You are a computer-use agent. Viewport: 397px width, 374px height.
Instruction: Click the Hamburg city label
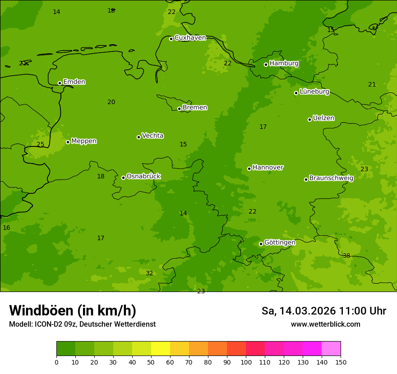284,64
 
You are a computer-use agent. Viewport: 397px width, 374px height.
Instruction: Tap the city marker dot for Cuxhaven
171,39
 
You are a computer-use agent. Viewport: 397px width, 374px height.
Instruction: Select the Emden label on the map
74,82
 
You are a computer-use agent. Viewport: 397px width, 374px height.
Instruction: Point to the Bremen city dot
179,109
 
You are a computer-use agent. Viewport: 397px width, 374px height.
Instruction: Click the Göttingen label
280,243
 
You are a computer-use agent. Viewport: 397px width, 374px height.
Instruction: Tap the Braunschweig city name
331,178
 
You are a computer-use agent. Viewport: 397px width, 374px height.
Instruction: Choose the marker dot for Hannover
249,169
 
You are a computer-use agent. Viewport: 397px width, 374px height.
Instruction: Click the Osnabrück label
143,177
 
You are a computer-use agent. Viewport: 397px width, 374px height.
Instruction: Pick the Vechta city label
152,136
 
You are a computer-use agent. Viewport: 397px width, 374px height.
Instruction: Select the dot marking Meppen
68,142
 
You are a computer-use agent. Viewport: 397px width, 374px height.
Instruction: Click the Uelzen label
323,119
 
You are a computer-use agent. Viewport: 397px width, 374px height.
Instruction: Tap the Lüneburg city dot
296,93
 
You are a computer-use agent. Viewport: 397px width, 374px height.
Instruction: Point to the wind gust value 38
346,256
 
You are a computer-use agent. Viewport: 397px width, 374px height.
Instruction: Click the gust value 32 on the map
149,274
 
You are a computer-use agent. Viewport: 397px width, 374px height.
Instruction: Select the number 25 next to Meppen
41,145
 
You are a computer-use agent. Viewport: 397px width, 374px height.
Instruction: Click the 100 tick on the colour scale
246,362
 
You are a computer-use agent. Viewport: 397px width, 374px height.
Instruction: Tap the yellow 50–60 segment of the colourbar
161,349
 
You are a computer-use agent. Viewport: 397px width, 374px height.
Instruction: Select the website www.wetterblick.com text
325,324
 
